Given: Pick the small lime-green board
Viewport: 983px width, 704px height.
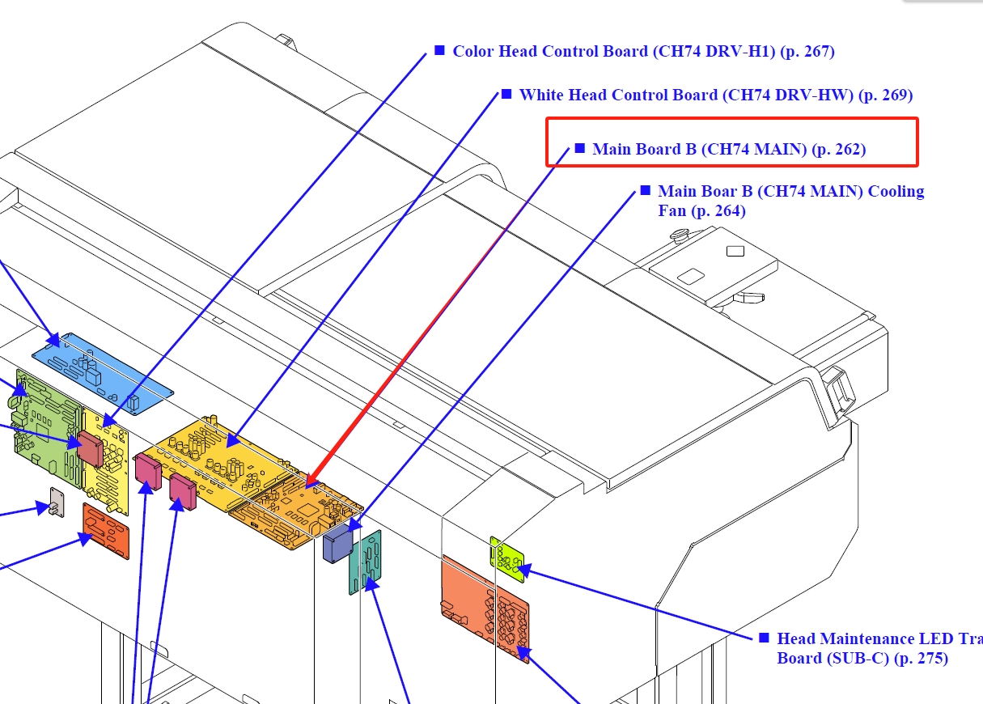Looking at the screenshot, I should click(506, 558).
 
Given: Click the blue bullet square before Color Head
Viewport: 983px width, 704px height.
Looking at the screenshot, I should click(439, 50).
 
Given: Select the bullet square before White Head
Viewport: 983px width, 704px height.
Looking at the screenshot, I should click(506, 94).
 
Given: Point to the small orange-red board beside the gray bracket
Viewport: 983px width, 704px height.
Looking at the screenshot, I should click(106, 530).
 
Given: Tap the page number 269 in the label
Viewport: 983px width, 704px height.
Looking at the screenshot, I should click(897, 95).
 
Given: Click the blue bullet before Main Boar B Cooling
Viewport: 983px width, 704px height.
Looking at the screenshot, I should click(645, 190).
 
